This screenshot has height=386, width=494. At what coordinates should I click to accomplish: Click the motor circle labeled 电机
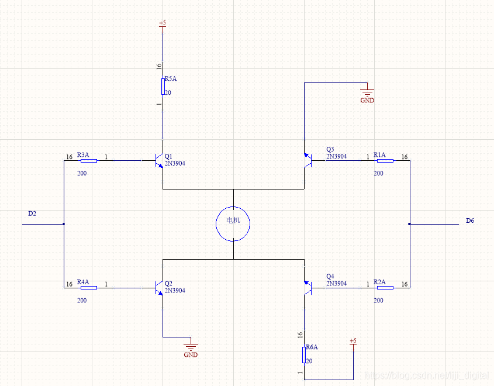point(233,223)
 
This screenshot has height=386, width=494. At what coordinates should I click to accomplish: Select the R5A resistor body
point(163,87)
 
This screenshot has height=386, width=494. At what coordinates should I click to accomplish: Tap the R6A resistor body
point(304,354)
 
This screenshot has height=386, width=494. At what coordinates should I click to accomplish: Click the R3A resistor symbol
point(89,160)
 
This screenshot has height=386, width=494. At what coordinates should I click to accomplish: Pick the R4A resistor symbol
point(89,288)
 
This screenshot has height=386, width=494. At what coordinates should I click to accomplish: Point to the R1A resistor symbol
point(385,160)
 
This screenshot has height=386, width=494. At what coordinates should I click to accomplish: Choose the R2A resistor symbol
point(385,287)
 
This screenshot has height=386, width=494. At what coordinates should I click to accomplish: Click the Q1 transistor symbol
point(158,160)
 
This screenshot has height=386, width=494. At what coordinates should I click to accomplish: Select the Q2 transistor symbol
point(158,288)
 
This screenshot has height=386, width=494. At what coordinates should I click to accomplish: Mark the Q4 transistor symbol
point(308,287)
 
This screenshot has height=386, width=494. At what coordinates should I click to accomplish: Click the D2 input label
point(32,214)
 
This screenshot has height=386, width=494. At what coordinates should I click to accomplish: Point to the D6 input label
point(470,220)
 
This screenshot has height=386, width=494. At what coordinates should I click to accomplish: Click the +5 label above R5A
point(163,23)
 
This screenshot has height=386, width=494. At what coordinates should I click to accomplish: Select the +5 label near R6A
point(353,340)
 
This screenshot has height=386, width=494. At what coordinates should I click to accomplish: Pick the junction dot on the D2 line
point(64,223)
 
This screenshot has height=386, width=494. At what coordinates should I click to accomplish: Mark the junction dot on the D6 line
point(409,223)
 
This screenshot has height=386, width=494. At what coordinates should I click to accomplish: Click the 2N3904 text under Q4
point(336,284)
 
